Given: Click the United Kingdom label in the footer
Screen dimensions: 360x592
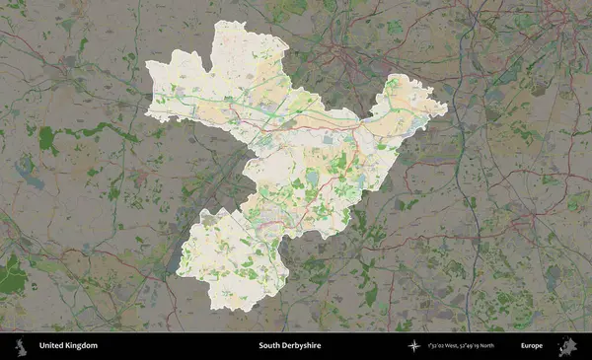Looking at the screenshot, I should click(68, 346).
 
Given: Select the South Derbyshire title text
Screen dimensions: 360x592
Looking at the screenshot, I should click(289, 346).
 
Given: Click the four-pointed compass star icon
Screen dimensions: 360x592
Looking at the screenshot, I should click(415, 346).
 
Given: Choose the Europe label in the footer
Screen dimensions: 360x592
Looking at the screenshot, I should click(532, 346).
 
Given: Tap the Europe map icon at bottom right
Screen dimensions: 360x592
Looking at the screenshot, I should click(568, 345).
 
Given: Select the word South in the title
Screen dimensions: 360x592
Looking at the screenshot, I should click(268, 346).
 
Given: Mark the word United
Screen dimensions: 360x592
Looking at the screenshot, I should click(50, 346).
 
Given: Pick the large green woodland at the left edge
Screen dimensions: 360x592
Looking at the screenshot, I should click(10, 276).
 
